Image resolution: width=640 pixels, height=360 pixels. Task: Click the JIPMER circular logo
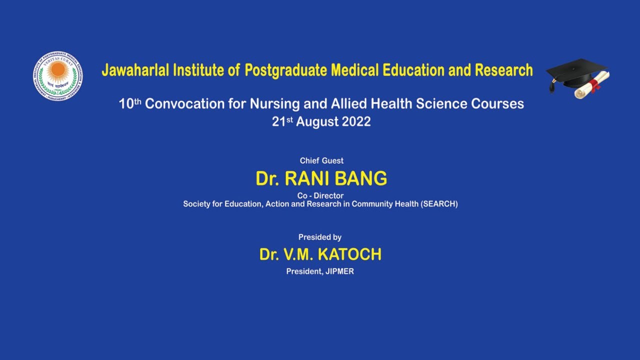(58, 75)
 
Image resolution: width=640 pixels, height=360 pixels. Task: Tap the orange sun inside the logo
(58, 69)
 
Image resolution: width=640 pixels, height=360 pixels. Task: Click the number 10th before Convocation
(130, 103)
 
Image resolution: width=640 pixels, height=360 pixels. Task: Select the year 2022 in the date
(356, 121)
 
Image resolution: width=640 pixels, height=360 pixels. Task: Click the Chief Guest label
(321, 160)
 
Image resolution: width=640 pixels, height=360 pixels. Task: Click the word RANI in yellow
(305, 178)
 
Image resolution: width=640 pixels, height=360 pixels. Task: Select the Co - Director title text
(320, 195)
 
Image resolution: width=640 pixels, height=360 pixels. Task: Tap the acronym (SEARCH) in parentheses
(439, 204)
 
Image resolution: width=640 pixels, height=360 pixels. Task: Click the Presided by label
(320, 237)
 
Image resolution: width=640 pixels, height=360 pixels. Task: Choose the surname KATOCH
(349, 254)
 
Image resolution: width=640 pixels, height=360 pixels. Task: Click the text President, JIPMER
(320, 271)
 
